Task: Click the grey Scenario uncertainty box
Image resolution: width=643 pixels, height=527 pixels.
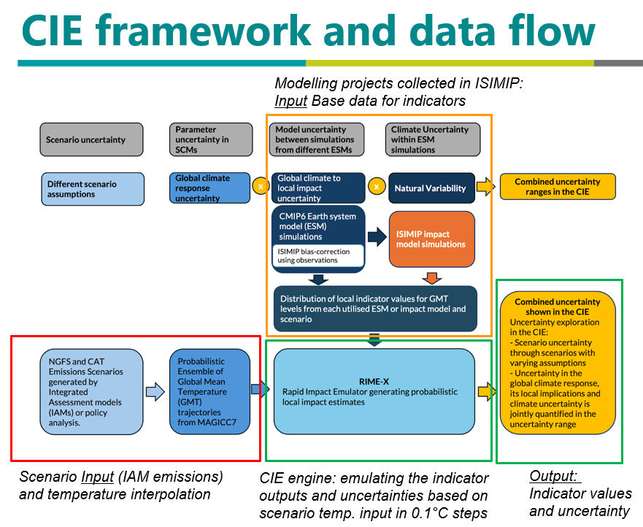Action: [x=91, y=139]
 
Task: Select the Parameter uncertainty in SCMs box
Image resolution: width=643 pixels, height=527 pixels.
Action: [x=211, y=139]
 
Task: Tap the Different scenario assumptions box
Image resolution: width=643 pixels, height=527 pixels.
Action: [x=93, y=189]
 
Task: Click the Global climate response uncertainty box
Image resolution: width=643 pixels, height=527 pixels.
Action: [x=209, y=188]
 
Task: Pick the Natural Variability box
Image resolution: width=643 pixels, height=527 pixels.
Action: [x=431, y=188]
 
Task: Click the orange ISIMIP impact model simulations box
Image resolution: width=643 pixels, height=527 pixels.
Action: [x=432, y=239]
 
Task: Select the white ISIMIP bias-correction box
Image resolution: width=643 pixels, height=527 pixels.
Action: [x=317, y=255]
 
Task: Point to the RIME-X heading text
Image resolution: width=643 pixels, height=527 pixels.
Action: [x=374, y=382]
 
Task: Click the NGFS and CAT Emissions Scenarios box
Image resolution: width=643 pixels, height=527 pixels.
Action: [x=91, y=392]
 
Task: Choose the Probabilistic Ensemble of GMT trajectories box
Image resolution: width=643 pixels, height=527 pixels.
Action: [x=209, y=392]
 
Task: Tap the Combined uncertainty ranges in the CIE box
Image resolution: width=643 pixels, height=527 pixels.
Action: [x=558, y=187]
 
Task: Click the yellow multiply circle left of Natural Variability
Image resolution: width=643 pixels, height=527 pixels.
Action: [x=377, y=187]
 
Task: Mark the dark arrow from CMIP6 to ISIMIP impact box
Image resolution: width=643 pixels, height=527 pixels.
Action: [x=377, y=236]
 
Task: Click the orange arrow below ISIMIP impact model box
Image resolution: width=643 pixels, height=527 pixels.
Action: [x=432, y=278]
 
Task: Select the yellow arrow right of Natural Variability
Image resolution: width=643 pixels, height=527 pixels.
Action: [x=485, y=187]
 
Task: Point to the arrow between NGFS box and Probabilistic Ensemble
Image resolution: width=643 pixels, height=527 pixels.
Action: [x=155, y=392]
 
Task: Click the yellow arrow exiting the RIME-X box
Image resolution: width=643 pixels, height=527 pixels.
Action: [x=487, y=392]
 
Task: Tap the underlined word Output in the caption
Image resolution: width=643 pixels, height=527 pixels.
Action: [x=553, y=476]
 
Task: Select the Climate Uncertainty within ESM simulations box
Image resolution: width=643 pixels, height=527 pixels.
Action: [x=433, y=139]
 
